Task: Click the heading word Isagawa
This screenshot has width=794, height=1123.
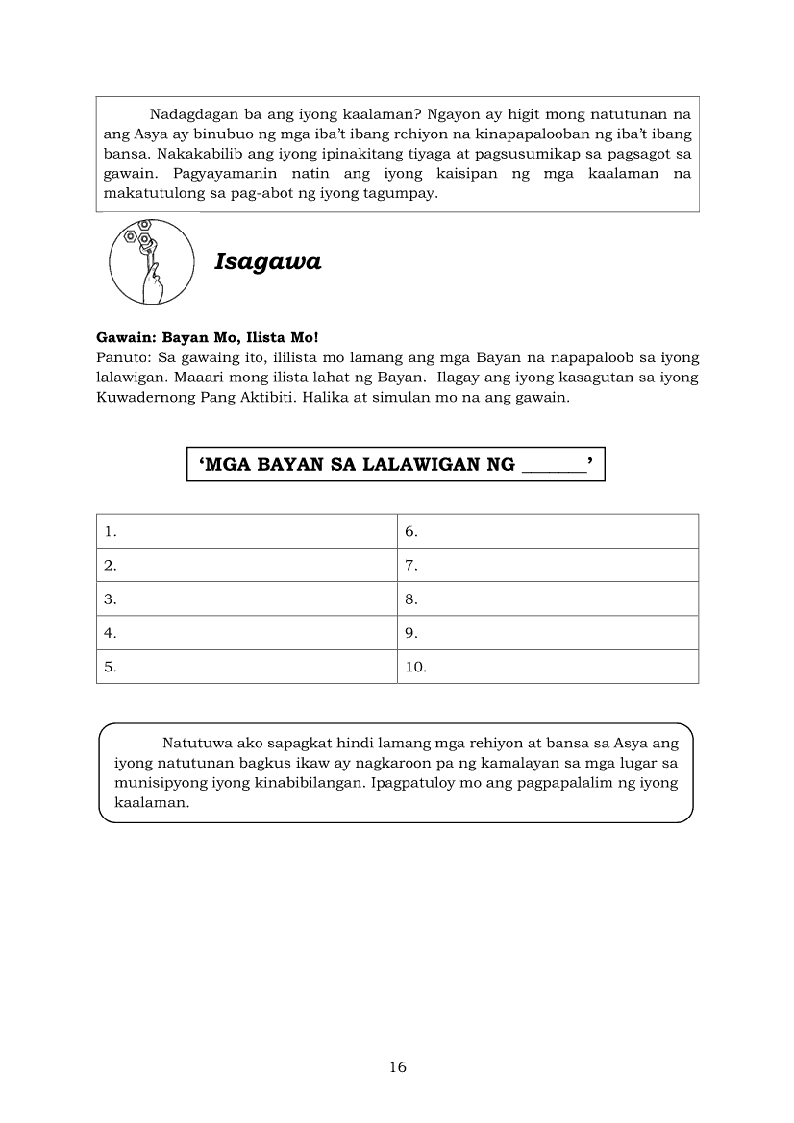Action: [x=268, y=261]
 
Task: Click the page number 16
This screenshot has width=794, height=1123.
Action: [x=398, y=1067]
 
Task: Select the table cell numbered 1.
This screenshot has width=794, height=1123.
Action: [x=246, y=531]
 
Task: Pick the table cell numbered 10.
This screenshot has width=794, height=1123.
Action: [x=547, y=667]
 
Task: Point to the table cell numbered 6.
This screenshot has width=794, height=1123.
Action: [x=547, y=531]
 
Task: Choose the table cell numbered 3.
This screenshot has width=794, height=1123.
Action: [x=246, y=599]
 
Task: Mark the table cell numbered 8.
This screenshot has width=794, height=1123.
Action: [x=547, y=599]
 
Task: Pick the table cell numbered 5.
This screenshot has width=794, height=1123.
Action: [x=246, y=667]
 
